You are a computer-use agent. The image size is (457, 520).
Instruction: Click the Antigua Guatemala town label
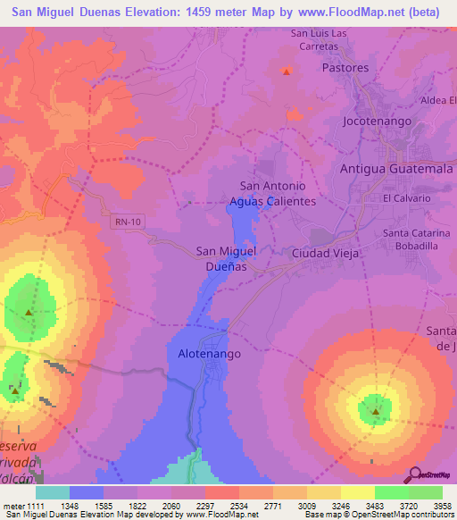pos(397,169)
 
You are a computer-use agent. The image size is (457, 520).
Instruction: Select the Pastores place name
pos(345,67)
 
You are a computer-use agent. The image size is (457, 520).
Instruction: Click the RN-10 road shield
pos(127,221)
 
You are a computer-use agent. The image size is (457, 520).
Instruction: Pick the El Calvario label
pos(401,197)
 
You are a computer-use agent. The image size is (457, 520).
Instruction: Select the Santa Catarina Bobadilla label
pos(413,239)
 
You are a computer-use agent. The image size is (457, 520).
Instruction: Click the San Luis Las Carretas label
pos(325,40)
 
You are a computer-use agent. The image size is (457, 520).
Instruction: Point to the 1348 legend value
pos(87,505)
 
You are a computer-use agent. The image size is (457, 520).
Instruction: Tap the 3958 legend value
pos(443,505)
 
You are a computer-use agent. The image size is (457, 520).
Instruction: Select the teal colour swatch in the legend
pos(53,492)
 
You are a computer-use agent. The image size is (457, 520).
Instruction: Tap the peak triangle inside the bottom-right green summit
pos(376,412)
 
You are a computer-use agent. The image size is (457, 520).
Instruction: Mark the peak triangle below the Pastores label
pos(287,71)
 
